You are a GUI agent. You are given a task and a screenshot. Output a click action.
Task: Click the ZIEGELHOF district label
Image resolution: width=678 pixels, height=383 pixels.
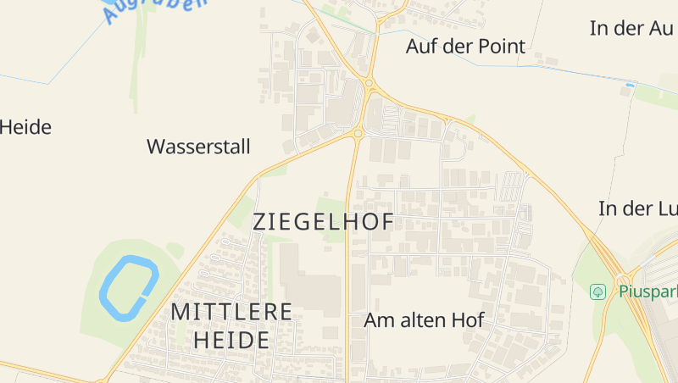(x=323, y=222)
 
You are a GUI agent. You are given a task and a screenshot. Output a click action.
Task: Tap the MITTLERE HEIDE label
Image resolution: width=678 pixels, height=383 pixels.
(x=231, y=325)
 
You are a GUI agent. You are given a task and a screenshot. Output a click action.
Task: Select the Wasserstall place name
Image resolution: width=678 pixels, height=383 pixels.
(x=198, y=147)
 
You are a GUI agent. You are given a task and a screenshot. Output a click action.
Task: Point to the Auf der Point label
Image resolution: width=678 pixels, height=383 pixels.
(x=465, y=46)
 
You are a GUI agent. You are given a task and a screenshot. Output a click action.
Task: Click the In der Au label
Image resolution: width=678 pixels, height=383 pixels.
(x=631, y=27)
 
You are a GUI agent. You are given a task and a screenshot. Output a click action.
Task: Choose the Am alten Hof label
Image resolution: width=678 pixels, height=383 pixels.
(x=424, y=321)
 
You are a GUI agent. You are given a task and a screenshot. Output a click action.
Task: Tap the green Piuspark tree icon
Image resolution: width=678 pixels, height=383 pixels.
(x=598, y=291)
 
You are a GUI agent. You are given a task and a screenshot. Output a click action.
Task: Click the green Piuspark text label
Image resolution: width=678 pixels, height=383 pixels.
(x=647, y=291)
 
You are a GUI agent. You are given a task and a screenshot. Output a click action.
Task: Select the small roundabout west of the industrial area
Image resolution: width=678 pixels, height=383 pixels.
(x=358, y=133)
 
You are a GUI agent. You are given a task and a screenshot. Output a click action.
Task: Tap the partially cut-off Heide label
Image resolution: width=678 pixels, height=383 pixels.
(x=25, y=128)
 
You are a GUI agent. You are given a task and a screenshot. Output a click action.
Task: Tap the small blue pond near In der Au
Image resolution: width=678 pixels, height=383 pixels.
(x=629, y=85)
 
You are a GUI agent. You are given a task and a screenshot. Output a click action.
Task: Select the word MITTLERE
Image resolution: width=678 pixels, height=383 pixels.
(x=231, y=312)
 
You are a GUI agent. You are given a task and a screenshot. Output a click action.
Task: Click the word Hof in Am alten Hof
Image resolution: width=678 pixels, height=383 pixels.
(x=467, y=321)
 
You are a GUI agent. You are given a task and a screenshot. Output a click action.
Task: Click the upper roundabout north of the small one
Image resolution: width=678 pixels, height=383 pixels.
(x=370, y=83)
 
